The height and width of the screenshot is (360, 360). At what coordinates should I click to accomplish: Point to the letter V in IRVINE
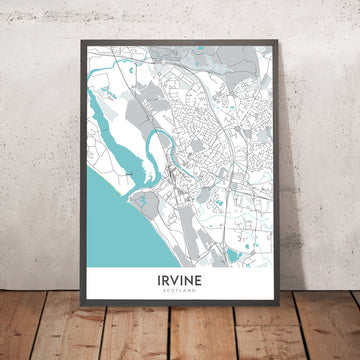point(172,280)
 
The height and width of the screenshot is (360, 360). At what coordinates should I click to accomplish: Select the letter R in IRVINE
point(161,280)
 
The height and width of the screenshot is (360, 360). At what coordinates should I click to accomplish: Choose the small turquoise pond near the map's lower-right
point(234,256)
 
